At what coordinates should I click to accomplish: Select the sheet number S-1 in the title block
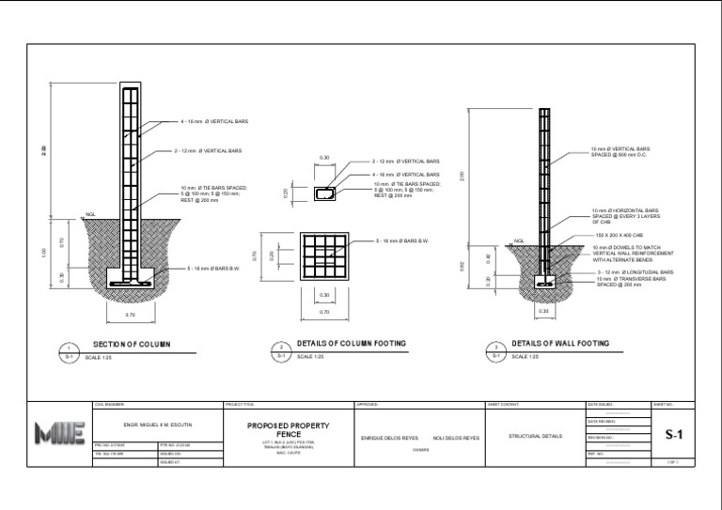coord(673,435)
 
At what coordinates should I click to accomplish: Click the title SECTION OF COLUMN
coord(131,345)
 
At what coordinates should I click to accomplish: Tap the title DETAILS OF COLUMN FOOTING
coord(352,345)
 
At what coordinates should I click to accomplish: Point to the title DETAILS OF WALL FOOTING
coord(560,344)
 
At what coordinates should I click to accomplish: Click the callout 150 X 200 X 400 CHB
coord(617,234)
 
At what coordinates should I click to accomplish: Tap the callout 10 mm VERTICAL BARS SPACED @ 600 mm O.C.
coord(620,151)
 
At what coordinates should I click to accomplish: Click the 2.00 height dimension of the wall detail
coord(462,176)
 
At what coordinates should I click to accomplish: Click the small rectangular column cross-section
coord(325,193)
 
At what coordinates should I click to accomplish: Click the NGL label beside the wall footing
coord(518,241)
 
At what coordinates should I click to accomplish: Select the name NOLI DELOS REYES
coord(456,439)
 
